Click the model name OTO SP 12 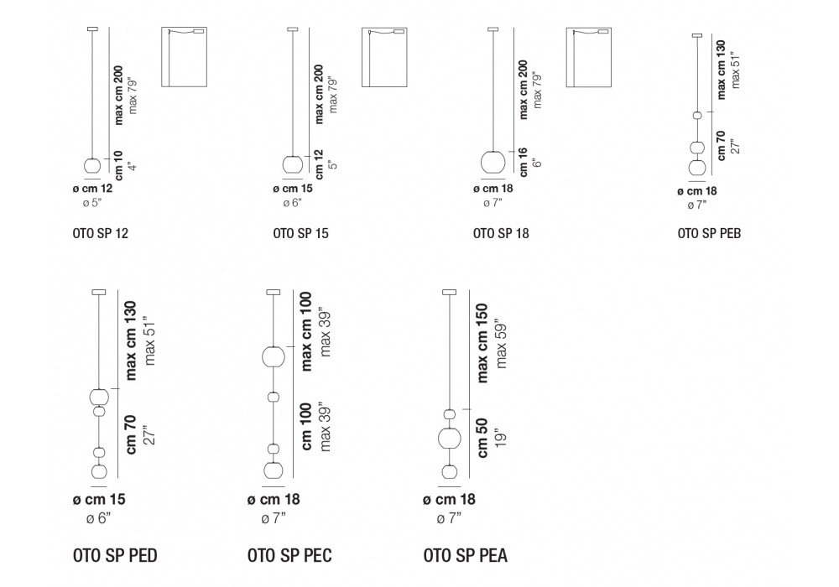[100, 234]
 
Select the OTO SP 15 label [300, 234]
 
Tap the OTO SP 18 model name [501, 234]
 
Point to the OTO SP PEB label [709, 234]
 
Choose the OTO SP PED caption [115, 555]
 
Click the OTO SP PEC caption [289, 555]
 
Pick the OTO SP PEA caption [466, 555]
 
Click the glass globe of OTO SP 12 [92, 166]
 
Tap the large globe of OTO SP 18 [493, 162]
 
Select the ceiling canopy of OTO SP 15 [292, 30]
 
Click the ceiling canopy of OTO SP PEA [449, 293]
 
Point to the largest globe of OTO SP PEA [449, 439]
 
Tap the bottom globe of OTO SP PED [99, 472]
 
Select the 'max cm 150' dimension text [482, 342]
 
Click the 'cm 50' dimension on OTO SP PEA [482, 439]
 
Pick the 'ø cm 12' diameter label [93, 190]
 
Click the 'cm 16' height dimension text [522, 162]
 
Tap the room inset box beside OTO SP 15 [383, 57]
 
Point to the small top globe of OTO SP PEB [696, 115]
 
